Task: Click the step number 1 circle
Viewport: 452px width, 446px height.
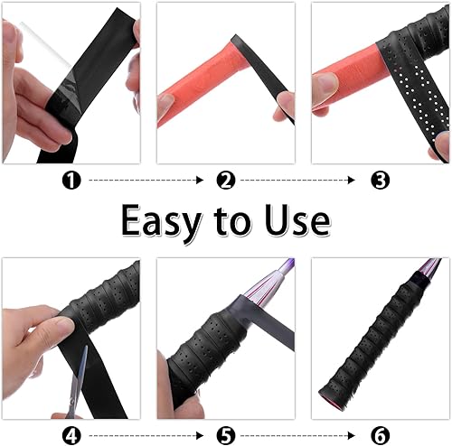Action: coord(71,181)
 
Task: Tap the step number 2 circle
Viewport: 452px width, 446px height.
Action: coord(226,181)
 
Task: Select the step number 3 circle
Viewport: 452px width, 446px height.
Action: coord(380,181)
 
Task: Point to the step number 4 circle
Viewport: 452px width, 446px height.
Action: coord(71,435)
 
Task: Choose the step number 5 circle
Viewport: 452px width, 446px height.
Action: coord(226,435)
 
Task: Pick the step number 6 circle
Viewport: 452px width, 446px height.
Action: coord(380,435)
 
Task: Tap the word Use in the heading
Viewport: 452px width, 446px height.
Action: coord(297,219)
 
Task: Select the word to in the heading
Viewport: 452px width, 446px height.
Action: coord(232,221)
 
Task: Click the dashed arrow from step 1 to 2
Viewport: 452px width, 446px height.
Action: coord(146,181)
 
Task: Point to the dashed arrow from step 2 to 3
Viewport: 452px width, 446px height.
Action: coord(297,181)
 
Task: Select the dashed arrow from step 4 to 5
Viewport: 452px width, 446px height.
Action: coord(146,435)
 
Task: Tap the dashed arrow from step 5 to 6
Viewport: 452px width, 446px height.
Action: coord(297,435)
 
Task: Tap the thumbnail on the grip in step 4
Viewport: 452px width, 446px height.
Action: coord(64,324)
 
